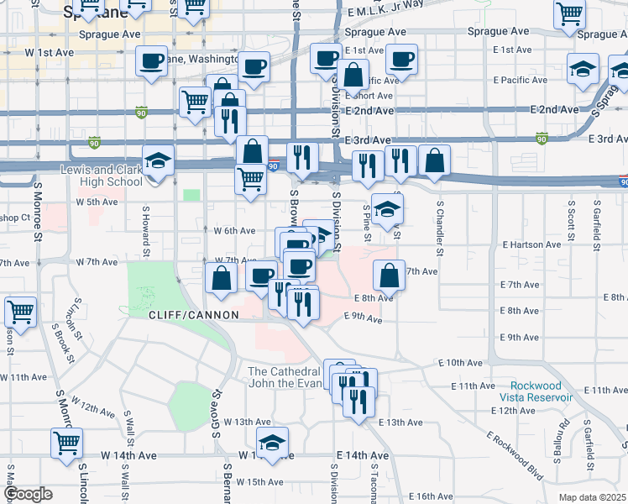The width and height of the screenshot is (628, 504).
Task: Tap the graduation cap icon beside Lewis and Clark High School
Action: click(157, 160)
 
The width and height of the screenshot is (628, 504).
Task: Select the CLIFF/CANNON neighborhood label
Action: click(193, 314)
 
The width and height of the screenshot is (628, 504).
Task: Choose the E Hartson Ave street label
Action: click(531, 244)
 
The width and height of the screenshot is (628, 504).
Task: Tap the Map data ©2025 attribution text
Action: click(593, 497)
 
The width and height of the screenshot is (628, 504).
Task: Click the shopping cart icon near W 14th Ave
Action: click(66, 442)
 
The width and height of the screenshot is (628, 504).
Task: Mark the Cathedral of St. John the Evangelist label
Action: click(284, 377)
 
